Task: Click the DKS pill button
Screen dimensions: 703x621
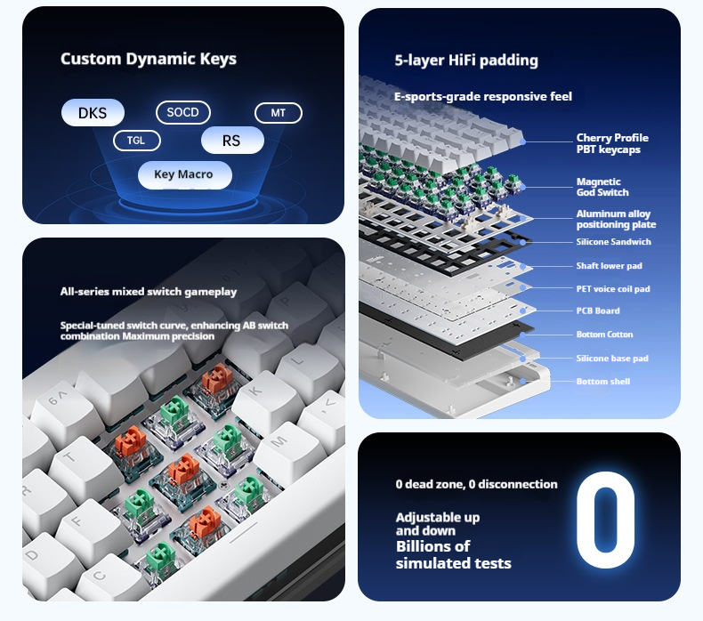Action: (93, 112)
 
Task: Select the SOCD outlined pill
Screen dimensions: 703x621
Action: (183, 112)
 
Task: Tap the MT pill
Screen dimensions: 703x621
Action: (279, 113)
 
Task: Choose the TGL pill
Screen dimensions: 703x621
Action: (137, 141)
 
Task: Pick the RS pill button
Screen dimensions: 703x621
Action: (232, 141)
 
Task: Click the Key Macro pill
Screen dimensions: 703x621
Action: (185, 174)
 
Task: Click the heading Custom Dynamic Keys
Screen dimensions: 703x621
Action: (149, 59)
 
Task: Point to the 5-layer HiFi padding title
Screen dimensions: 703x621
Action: (466, 60)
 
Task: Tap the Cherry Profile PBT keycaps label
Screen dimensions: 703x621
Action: (612, 143)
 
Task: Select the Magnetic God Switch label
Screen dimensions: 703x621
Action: (602, 187)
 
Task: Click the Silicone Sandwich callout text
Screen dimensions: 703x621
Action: (613, 242)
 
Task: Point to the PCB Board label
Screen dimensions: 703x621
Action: (598, 310)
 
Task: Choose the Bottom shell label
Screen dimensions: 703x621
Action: (603, 382)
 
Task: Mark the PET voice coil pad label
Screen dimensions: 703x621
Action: (613, 289)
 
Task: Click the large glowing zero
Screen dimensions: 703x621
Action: (605, 520)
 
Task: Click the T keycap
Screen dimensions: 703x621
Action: (77, 462)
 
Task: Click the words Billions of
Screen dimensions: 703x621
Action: (432, 546)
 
